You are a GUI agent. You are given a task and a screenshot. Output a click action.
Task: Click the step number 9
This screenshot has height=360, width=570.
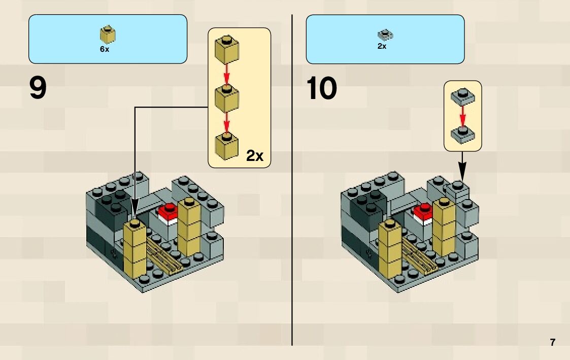38,88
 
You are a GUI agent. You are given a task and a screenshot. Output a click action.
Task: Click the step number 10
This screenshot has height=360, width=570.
322,88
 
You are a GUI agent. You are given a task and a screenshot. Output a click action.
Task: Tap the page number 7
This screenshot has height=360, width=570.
552,342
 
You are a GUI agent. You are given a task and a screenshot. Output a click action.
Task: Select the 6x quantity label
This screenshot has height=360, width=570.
105,49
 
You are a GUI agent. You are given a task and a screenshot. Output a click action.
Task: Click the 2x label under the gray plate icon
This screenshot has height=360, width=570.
382,46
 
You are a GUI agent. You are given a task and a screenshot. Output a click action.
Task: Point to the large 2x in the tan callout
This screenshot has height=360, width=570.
255,155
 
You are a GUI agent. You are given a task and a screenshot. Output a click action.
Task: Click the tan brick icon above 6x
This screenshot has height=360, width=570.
107,35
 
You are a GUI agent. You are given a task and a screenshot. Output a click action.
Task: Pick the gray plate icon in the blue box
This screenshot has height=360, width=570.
385,35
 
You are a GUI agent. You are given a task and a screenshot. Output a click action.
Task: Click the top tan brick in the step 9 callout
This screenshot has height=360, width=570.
227,49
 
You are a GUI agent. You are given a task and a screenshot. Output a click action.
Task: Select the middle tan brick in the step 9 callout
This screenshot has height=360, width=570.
227,97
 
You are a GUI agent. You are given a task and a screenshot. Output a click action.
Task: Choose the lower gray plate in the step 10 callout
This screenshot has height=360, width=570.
462,133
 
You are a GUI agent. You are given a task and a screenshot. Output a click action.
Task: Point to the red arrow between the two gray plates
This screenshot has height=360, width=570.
462,115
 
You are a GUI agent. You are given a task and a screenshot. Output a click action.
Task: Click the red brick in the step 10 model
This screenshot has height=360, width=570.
423,214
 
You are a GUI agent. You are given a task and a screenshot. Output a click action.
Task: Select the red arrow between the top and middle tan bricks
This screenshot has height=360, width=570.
227,75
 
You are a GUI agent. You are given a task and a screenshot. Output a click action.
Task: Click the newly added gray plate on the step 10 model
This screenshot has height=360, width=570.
457,189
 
